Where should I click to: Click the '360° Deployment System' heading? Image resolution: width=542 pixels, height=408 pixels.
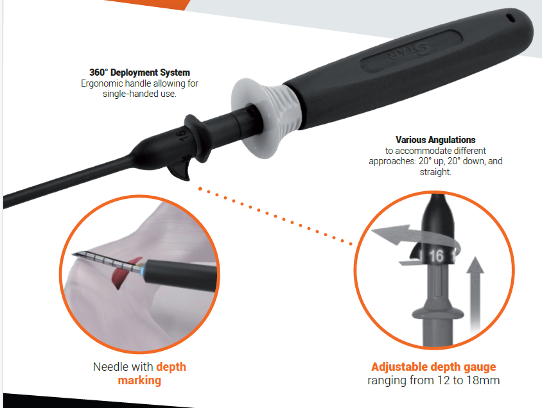point(139,72)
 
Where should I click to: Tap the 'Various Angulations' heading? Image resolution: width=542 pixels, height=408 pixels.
point(435,140)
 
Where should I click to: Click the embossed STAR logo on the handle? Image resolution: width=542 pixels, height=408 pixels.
point(408,51)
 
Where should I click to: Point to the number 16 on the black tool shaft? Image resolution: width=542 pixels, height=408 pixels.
point(183,135)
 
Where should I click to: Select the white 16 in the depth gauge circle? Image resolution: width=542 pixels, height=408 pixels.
point(436,256)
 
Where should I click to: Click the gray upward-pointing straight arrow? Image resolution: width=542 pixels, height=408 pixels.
point(475,293)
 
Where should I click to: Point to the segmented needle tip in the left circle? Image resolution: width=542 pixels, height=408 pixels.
point(107,260)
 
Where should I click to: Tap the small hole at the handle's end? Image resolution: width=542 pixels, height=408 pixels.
point(511,17)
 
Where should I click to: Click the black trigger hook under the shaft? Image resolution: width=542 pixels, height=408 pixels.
point(180,170)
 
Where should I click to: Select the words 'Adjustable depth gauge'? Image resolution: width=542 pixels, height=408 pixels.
point(433,366)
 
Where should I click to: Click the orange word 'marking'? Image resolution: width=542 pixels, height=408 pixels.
point(139,380)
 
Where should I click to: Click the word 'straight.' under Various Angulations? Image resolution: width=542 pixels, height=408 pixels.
point(435,172)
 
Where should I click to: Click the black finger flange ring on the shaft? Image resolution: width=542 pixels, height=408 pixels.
point(198,138)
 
